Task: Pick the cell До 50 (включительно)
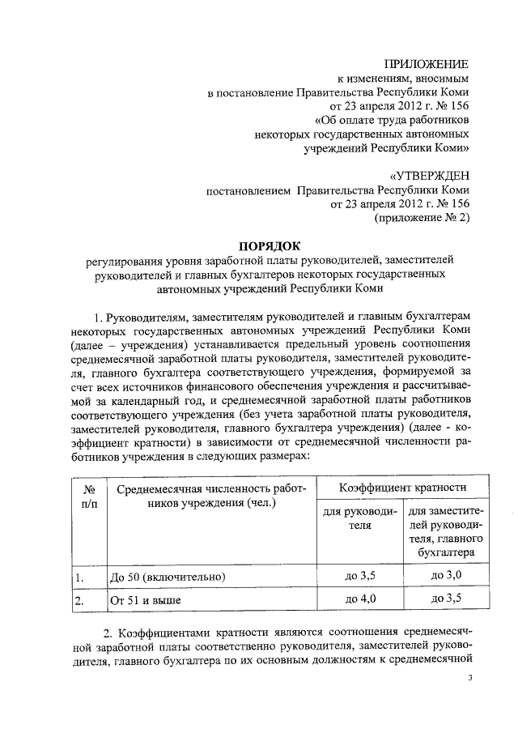[167, 577]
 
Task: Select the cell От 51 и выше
[145, 600]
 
